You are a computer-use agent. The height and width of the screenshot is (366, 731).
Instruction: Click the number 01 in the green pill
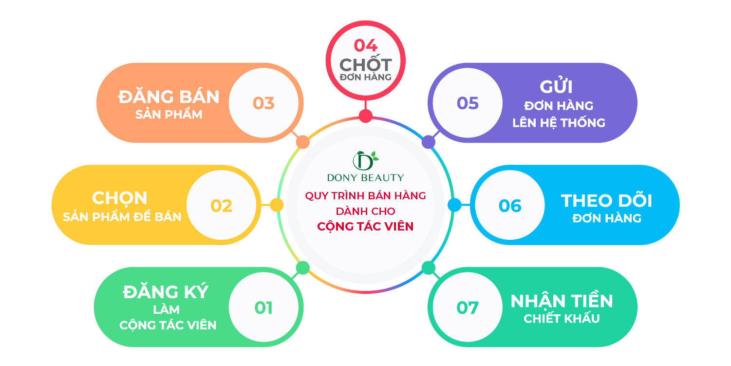263,308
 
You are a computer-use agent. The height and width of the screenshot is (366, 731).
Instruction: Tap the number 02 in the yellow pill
221,206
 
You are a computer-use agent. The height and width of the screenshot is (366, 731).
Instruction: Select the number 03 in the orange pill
263,103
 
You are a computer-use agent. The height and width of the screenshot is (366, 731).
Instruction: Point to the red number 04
365,46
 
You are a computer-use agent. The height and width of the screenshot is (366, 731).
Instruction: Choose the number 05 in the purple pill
468,103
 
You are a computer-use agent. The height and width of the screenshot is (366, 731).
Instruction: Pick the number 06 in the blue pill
510,206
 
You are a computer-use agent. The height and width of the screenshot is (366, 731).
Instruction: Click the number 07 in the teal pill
468,308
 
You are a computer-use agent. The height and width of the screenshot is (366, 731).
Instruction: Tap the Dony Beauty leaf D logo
365,161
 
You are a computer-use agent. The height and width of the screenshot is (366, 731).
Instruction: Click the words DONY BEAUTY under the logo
365,177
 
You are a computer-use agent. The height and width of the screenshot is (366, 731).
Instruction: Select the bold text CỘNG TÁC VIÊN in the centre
365,226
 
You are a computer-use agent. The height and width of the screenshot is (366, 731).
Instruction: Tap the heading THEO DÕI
606,200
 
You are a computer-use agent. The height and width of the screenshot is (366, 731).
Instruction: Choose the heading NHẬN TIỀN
562,301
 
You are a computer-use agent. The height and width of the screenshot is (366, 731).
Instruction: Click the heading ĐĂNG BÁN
169,96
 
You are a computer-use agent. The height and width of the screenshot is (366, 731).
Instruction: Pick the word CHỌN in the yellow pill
120,198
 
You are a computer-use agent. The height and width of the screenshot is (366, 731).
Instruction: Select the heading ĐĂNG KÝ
166,291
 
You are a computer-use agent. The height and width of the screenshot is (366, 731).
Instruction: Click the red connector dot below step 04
365,116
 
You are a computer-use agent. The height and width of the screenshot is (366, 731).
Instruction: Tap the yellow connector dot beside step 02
277,205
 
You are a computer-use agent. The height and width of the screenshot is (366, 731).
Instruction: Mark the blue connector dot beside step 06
454,205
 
